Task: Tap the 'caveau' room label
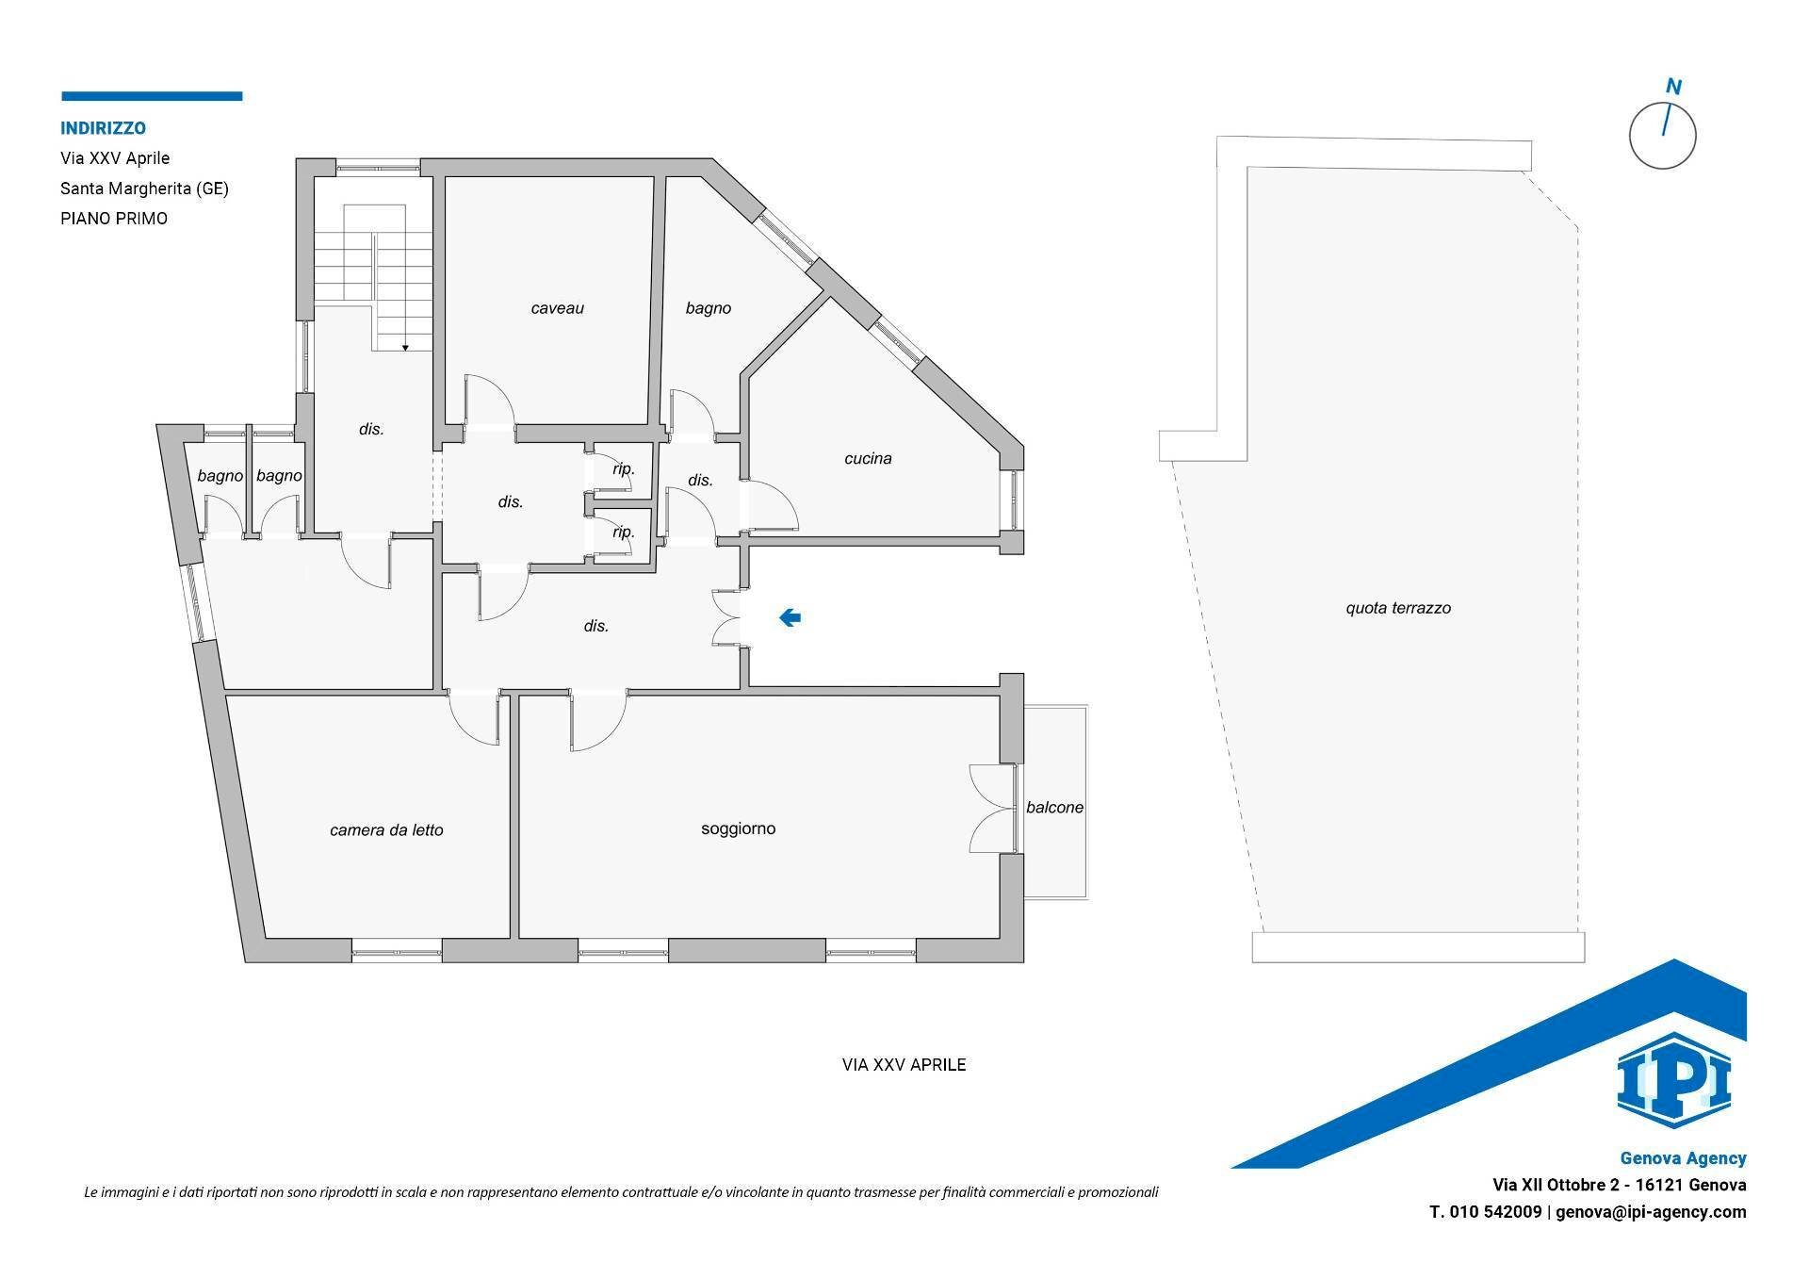click(x=558, y=308)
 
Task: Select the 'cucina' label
click(x=868, y=459)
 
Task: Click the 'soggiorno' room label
click(x=739, y=828)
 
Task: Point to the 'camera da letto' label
click(x=386, y=830)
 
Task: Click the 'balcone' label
click(x=1054, y=808)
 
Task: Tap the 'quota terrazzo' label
click(x=1398, y=608)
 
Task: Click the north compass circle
click(x=1662, y=136)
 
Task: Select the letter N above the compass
click(x=1673, y=88)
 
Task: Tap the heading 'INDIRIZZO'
click(x=103, y=128)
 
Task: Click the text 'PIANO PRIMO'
click(x=114, y=219)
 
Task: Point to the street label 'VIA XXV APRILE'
click(x=904, y=1065)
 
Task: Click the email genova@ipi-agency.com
click(x=1651, y=1212)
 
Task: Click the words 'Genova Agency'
click(x=1683, y=1158)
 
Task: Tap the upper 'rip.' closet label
click(x=624, y=468)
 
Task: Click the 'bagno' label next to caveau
click(x=709, y=308)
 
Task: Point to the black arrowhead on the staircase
click(x=405, y=348)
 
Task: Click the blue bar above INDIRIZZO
click(x=152, y=96)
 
